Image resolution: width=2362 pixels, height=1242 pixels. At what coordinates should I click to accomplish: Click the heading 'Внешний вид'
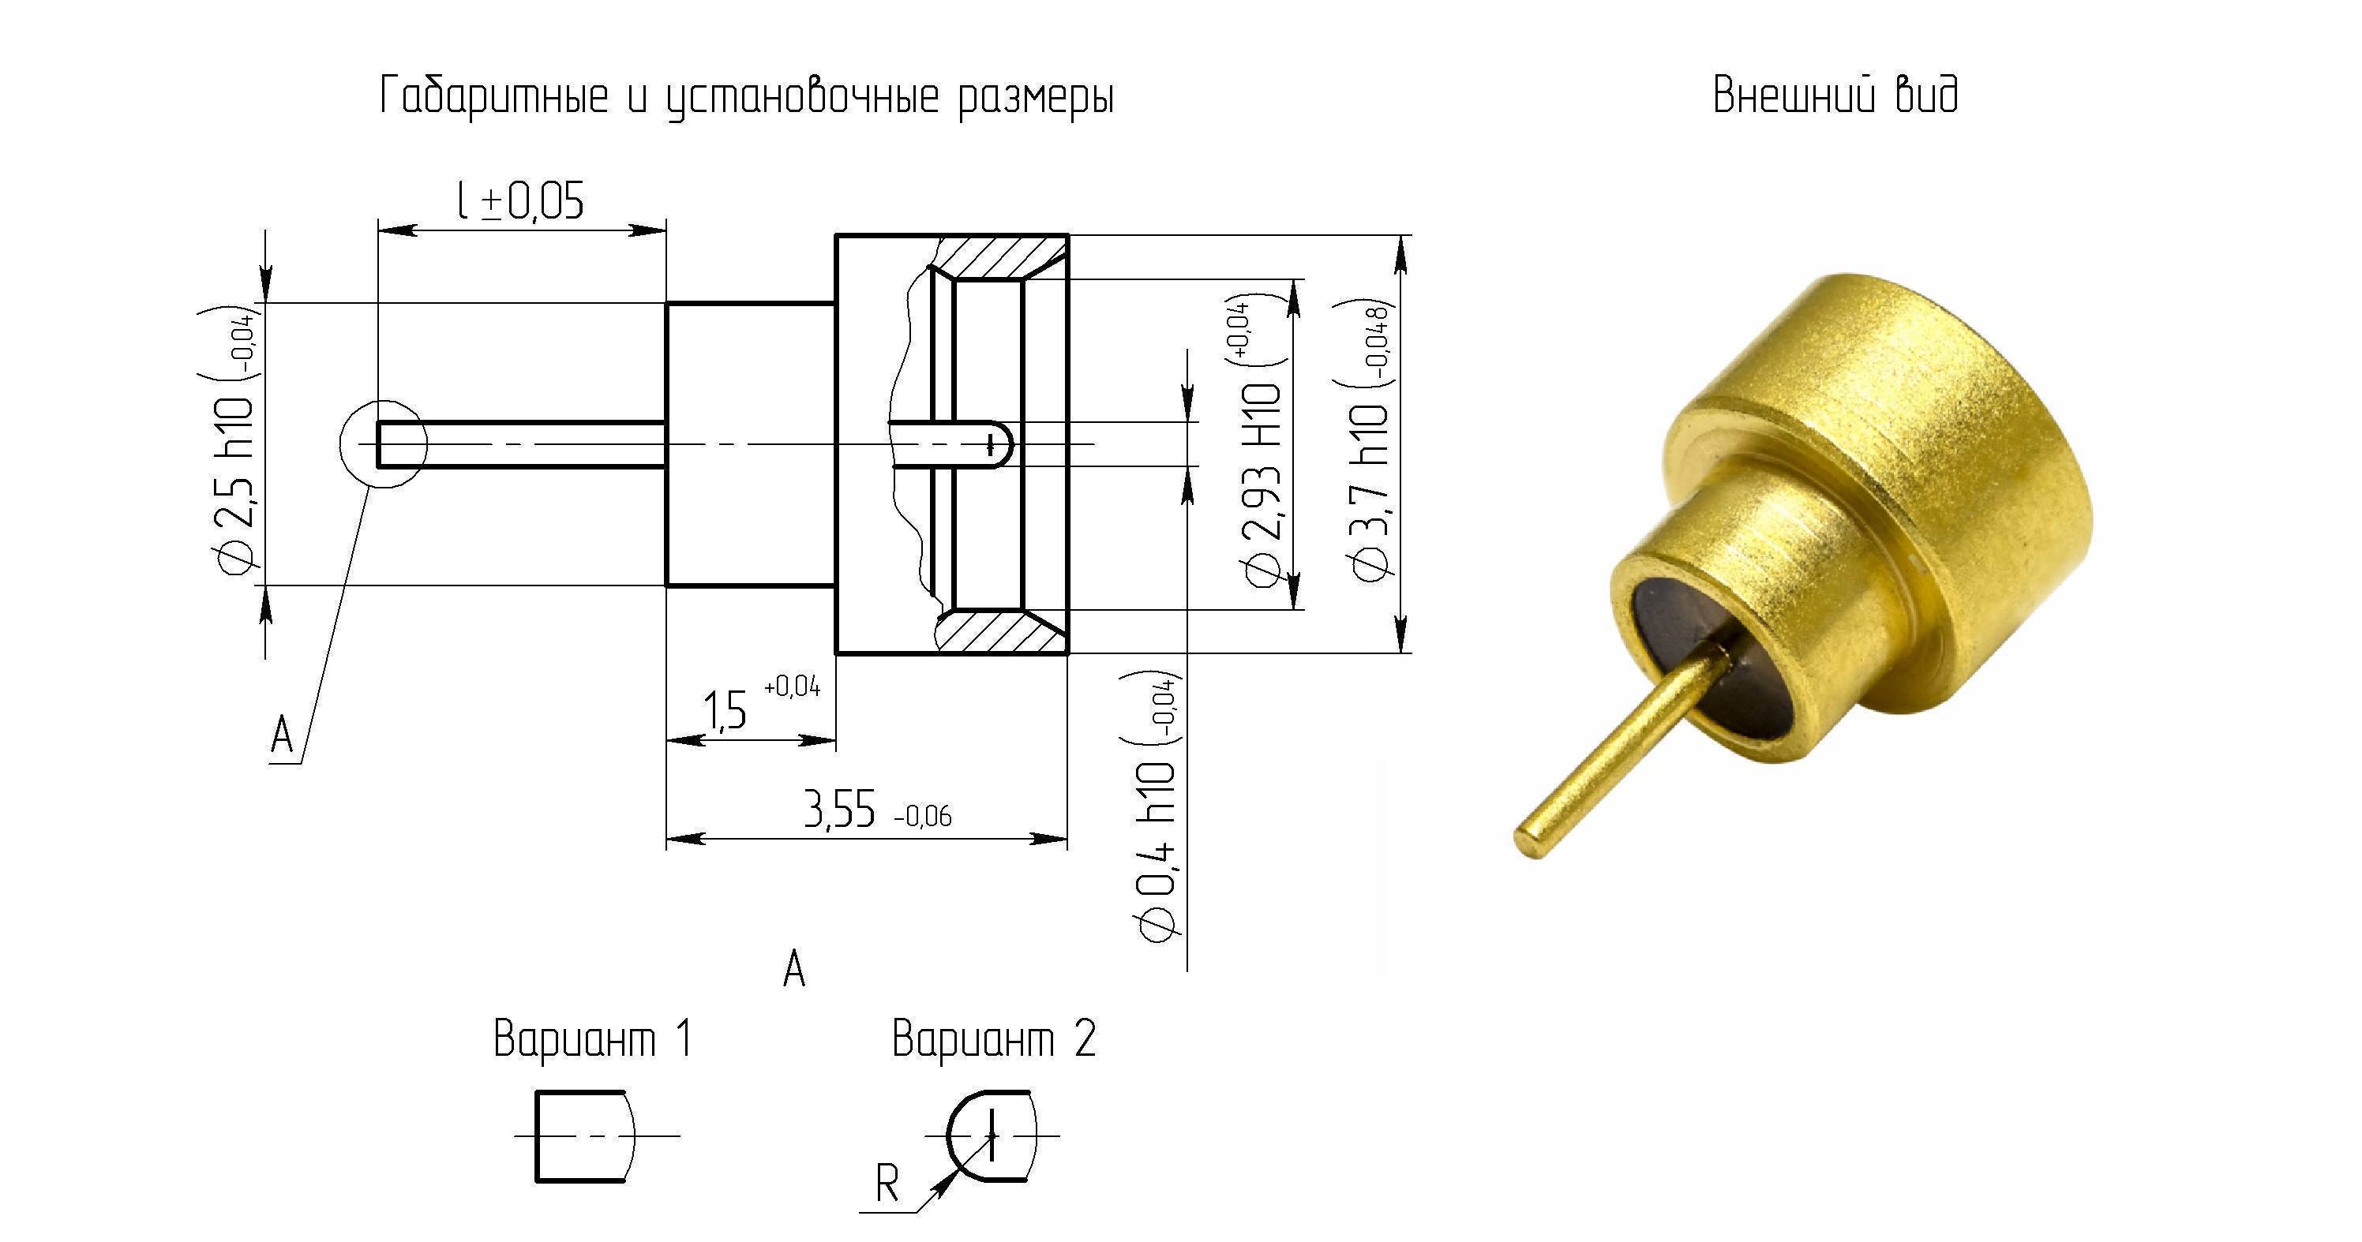coord(1835,95)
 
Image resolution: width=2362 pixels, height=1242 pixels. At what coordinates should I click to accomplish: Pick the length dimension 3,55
coord(840,810)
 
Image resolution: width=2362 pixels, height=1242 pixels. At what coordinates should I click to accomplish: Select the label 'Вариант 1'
coord(592,1038)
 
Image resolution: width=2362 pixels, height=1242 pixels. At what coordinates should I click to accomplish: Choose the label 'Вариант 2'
coord(994,1038)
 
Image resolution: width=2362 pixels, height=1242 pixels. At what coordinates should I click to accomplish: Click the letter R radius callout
coord(887,1184)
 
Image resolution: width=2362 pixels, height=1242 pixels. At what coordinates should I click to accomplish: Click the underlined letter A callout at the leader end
coord(283,735)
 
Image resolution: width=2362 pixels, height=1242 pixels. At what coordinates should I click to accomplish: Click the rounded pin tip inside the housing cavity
coord(1001,444)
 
